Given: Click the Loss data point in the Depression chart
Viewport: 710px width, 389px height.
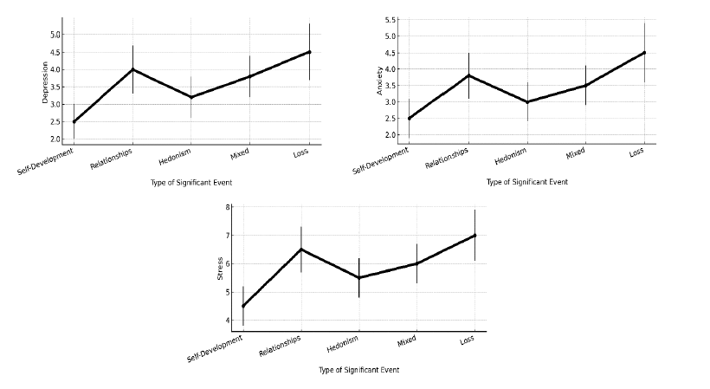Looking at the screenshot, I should [309, 52].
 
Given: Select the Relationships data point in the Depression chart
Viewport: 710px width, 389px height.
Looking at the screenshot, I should [132, 69].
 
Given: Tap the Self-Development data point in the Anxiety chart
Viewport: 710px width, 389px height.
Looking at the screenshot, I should [410, 118].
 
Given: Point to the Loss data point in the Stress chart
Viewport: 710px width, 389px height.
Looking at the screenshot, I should [474, 235].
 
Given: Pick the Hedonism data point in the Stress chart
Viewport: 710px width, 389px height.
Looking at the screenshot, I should [359, 277].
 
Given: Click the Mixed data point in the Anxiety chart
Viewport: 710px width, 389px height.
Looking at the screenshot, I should [585, 85].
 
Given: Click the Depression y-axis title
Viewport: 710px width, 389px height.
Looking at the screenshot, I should [46, 83].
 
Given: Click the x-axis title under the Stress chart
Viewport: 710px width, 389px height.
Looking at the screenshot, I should [358, 370].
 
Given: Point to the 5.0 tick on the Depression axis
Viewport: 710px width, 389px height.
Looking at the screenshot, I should [55, 35].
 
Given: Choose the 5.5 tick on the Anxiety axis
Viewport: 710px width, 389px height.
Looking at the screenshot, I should [390, 20].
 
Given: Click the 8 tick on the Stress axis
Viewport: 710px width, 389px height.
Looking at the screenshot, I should [228, 207].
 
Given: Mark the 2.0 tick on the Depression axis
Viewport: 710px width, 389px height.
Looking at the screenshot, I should [55, 139].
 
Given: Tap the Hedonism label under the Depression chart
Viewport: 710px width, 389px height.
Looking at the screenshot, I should [175, 156].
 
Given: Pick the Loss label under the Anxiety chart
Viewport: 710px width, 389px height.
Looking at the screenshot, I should [636, 152].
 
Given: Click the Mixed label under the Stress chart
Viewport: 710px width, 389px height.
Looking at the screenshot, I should [407, 341].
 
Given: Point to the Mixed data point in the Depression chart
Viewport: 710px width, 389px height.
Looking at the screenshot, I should [250, 76].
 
